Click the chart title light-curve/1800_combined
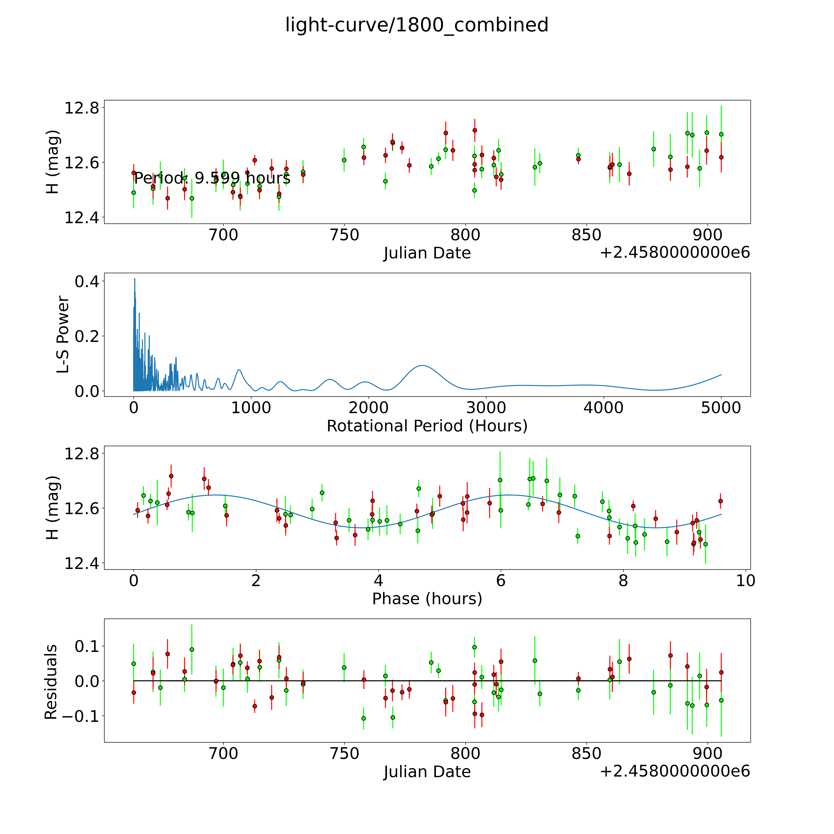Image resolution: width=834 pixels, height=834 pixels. (417, 25)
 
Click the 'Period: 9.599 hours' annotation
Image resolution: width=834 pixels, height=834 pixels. (212, 178)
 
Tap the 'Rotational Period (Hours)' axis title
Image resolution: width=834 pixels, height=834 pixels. (427, 426)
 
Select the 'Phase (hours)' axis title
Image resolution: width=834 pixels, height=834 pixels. (427, 599)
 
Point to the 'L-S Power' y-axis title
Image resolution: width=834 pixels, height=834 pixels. (63, 335)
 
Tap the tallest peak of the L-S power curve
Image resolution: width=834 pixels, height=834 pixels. (135, 279)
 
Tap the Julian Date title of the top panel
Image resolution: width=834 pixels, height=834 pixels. (427, 253)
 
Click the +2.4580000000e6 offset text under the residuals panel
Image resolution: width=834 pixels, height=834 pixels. (675, 771)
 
